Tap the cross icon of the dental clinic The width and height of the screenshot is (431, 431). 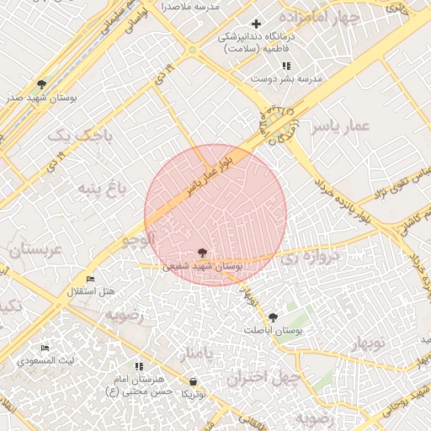pyautogui.click(x=257, y=24)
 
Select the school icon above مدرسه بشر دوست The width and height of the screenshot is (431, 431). pyautogui.click(x=286, y=66)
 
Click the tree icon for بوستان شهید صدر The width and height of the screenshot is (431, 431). pyautogui.click(x=41, y=84)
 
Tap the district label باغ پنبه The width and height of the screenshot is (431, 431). pyautogui.click(x=102, y=187)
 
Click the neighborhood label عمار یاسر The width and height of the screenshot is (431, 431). pyautogui.click(x=340, y=126)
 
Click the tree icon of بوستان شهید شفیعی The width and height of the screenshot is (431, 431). pyautogui.click(x=201, y=252)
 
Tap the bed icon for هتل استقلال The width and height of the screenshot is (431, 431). pyautogui.click(x=91, y=279)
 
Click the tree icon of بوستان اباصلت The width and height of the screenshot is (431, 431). pyautogui.click(x=272, y=317)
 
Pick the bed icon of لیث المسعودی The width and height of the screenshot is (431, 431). pyautogui.click(x=45, y=348)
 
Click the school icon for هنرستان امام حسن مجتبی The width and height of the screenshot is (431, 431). pyautogui.click(x=139, y=366)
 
